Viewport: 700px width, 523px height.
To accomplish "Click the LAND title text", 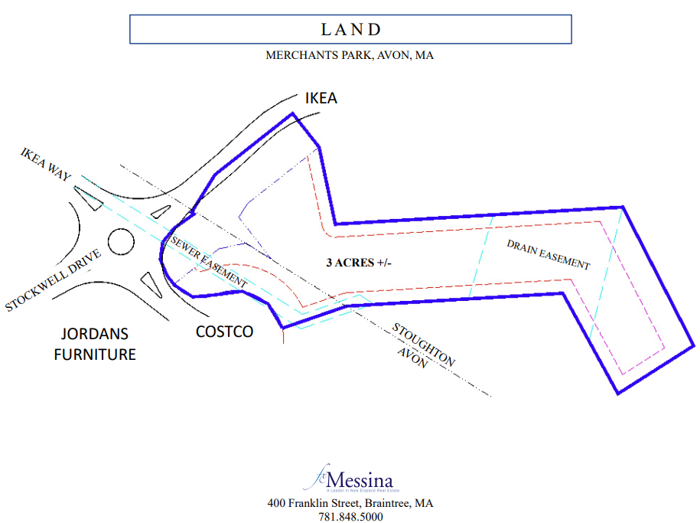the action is point(350,30).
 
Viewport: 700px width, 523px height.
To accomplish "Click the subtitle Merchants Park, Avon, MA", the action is point(350,55).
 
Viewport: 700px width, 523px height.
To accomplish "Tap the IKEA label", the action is point(321,98).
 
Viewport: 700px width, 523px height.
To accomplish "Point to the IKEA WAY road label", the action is point(45,165).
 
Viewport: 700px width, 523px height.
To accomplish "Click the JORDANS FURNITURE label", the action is point(95,344).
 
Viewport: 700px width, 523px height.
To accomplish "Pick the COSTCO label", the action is point(224,332).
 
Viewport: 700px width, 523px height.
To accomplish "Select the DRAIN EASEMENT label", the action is point(549,253).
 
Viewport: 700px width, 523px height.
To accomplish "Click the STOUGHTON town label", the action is point(423,345).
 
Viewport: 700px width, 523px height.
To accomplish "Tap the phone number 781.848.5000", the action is point(350,517).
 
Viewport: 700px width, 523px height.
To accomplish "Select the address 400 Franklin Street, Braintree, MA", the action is point(350,503).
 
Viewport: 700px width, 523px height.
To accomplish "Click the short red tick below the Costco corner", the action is point(283,336).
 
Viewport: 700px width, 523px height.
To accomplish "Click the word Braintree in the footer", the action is point(386,503).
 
